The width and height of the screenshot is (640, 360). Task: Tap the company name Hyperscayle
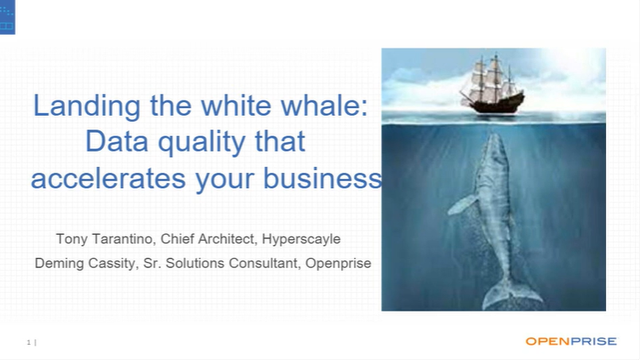click(301, 238)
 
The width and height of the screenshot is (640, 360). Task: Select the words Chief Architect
click(208, 238)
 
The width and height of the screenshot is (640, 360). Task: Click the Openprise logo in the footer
click(569, 341)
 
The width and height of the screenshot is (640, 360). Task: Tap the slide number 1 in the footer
click(29, 342)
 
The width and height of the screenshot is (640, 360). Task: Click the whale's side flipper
click(463, 204)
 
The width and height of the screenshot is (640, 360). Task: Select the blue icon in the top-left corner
click(8, 17)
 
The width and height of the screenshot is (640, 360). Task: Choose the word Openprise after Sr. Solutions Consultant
click(338, 263)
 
